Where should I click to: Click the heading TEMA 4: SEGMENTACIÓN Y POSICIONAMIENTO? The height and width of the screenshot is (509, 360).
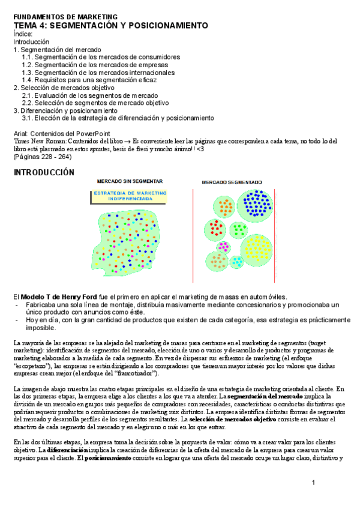pyautogui.click(x=111, y=26)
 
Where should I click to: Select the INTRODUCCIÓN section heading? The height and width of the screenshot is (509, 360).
pyautogui.click(x=44, y=172)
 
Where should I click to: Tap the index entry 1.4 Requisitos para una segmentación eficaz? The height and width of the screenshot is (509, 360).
pyautogui.click(x=89, y=80)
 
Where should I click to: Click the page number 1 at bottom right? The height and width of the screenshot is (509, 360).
pyautogui.click(x=313, y=483)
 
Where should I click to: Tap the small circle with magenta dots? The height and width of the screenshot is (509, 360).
pyautogui.click(x=223, y=246)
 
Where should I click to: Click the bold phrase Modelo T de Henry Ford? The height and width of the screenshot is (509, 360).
pyautogui.click(x=58, y=297)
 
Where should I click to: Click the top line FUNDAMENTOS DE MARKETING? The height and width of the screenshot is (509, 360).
pyautogui.click(x=57, y=17)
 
